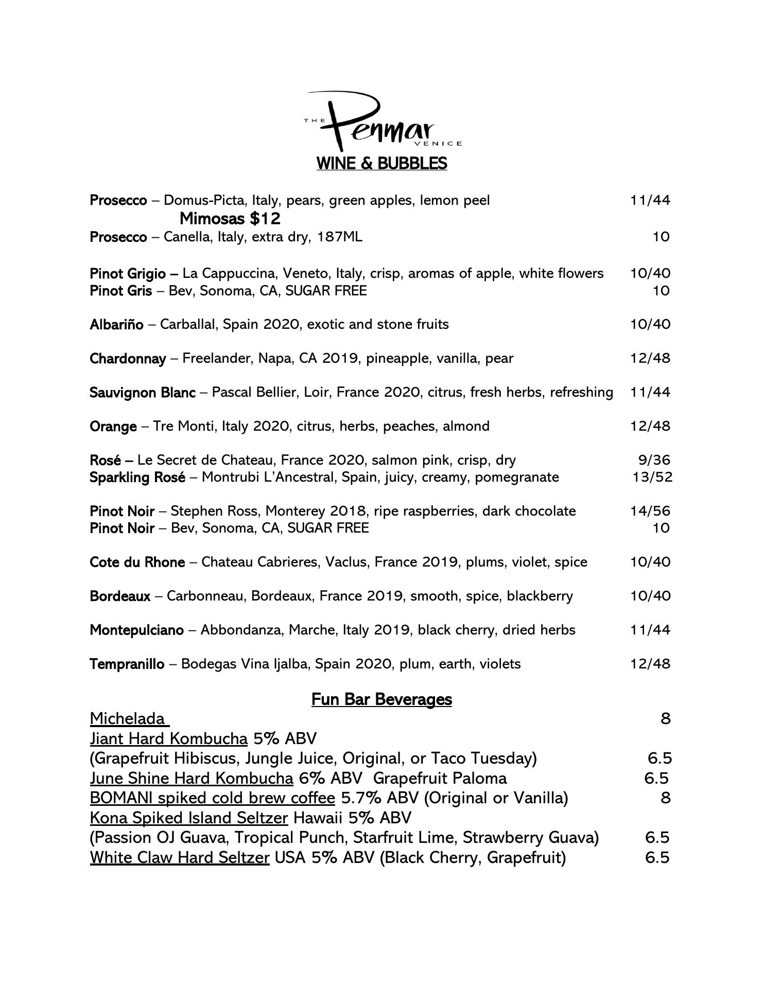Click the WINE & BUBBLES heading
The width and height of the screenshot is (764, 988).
tap(381, 163)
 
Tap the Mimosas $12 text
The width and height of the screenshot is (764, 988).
tap(230, 219)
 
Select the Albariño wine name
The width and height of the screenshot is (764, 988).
tap(116, 325)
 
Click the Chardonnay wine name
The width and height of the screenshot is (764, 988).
tap(128, 359)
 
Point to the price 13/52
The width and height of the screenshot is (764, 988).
tap(652, 477)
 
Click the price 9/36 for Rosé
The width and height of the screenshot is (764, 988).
tap(654, 460)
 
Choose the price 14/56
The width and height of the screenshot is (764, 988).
tap(651, 511)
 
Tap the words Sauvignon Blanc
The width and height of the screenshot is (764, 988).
tap(142, 393)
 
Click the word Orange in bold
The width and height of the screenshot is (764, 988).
tap(113, 427)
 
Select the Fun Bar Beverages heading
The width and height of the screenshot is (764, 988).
tap(381, 699)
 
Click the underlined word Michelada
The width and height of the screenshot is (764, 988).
tap(127, 718)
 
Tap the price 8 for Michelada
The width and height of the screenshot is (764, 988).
tap(665, 718)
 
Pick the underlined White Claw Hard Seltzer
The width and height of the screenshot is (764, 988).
tap(179, 858)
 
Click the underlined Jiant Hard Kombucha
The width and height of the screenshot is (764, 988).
tap(168, 739)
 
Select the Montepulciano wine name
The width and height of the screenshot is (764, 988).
tap(136, 630)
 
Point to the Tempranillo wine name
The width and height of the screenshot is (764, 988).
tap(127, 664)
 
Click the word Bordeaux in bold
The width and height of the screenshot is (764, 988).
tap(120, 596)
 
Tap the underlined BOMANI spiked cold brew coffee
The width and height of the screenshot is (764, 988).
tap(212, 798)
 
